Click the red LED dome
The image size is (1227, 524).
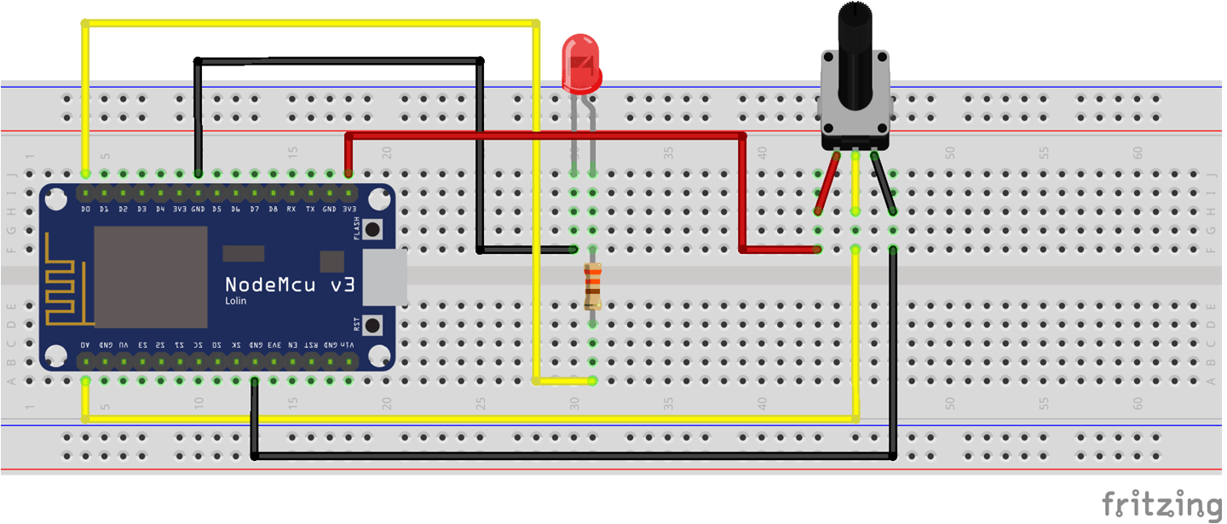tap(581, 64)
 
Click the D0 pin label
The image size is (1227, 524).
tap(85, 209)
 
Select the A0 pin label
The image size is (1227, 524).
tap(85, 345)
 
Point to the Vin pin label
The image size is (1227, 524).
tap(349, 345)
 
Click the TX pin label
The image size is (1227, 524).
tap(311, 209)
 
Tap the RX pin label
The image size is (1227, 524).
tap(292, 209)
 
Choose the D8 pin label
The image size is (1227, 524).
tap(274, 209)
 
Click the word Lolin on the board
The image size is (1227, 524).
tap(236, 302)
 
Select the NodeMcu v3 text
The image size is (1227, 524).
tap(290, 285)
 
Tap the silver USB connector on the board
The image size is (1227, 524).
tap(385, 277)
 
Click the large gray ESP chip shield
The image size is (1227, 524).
tap(151, 277)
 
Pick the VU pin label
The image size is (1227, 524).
tap(123, 345)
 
